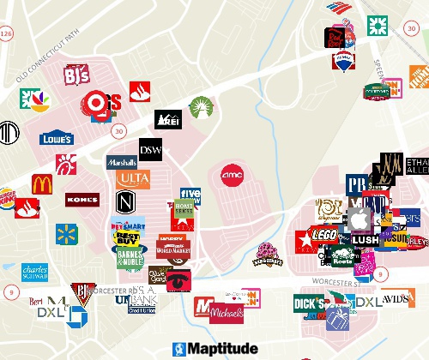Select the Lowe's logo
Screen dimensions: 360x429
click(56, 138)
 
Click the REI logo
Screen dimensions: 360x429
click(167, 120)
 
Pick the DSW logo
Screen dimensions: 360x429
click(151, 149)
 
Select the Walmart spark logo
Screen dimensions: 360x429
click(66, 234)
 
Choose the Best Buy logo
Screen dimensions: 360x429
click(127, 237)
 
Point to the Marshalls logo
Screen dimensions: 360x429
click(122, 162)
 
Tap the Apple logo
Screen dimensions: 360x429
click(358, 221)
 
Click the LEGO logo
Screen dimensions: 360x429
click(324, 234)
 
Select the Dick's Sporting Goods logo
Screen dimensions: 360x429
click(309, 303)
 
